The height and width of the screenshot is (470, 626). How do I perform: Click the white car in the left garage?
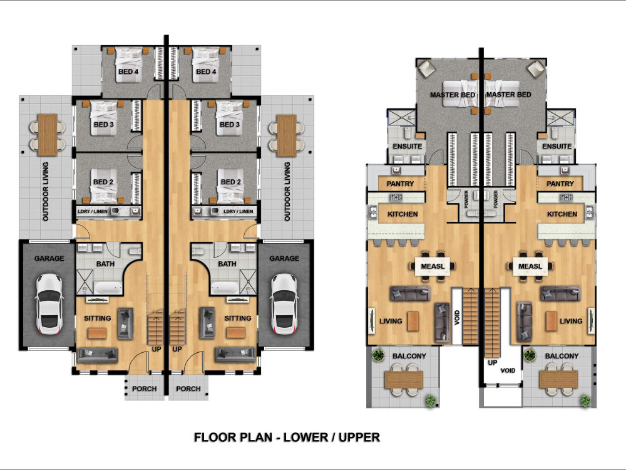click(49, 305)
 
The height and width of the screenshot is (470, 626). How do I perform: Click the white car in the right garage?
click(284, 305)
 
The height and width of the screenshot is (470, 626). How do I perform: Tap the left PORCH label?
click(144, 389)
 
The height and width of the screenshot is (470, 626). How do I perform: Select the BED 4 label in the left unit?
click(128, 71)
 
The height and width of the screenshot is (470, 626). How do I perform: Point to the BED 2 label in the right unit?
click(231, 182)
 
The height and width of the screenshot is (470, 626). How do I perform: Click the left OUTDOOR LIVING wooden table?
click(48, 135)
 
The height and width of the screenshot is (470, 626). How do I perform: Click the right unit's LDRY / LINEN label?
click(238, 211)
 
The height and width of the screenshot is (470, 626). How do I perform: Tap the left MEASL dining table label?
click(433, 266)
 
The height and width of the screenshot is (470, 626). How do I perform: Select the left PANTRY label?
click(400, 184)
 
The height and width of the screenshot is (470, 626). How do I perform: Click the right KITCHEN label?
click(562, 214)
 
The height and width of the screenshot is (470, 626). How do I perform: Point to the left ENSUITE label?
click(408, 146)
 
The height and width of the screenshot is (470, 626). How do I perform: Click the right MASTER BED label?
click(508, 95)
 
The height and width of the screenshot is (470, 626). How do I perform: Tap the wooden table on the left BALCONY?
click(403, 380)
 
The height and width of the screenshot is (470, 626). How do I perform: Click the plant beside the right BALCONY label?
click(530, 354)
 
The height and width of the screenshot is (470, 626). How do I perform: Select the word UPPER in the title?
click(359, 437)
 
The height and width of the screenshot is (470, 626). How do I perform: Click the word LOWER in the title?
click(305, 437)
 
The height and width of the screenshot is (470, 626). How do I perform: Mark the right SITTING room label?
click(237, 318)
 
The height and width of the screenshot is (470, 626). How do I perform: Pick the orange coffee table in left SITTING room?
click(97, 333)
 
